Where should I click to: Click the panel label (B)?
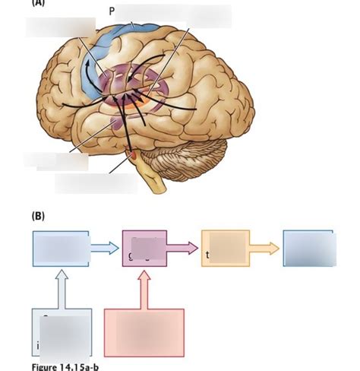pos(38,216)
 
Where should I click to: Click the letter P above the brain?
pos(111,13)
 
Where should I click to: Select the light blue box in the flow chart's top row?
pos(61,246)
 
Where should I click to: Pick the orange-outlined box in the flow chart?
pos(225,248)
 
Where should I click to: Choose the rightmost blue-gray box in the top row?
pos(308,248)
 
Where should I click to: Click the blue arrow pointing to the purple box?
pos(105,246)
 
